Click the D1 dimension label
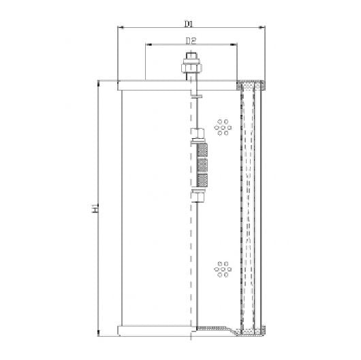(x=189, y=22)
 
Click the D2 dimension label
(x=191, y=40)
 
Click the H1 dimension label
(x=96, y=208)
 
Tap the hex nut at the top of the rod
(x=190, y=67)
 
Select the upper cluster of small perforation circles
(x=222, y=126)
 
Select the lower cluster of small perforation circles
(x=222, y=269)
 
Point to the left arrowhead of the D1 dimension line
(x=121, y=28)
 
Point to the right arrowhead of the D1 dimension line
(x=262, y=28)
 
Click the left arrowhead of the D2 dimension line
(x=147, y=46)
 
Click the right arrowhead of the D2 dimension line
(x=236, y=46)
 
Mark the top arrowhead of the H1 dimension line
(x=101, y=82)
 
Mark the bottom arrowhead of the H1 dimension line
(x=101, y=333)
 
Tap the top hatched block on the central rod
(x=202, y=150)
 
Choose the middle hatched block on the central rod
(x=202, y=165)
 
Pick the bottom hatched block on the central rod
(x=202, y=180)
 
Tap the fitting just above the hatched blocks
(x=198, y=135)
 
